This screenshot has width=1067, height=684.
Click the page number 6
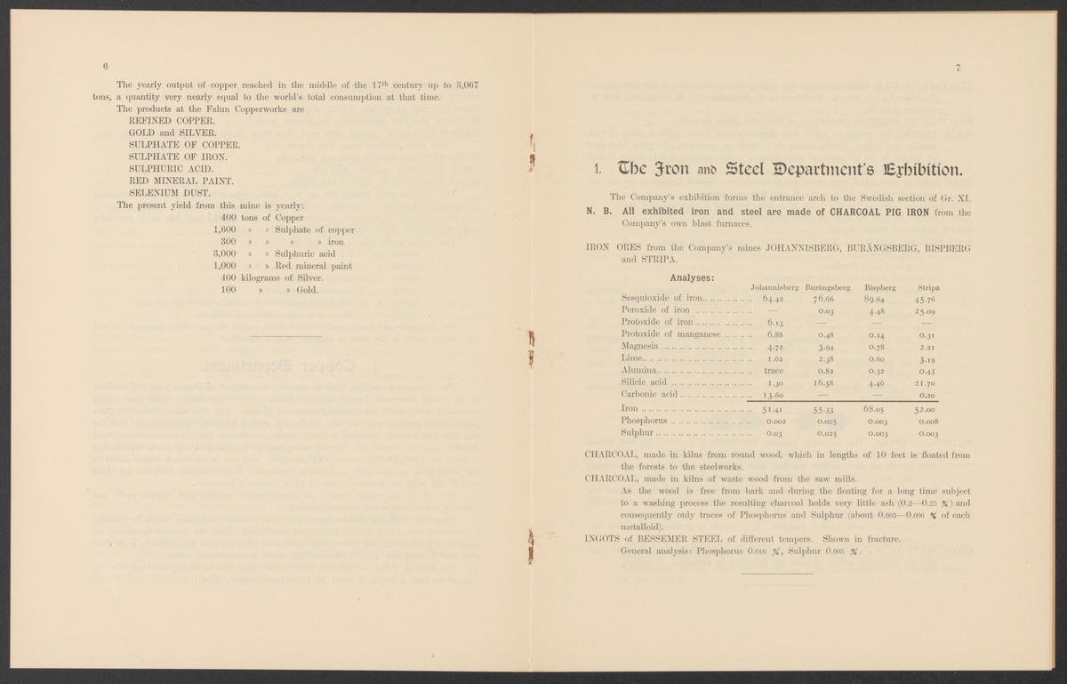coord(105,68)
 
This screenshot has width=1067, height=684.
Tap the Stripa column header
coord(928,287)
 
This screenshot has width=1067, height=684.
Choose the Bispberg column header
coord(878,287)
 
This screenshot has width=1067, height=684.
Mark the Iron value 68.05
coord(878,409)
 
